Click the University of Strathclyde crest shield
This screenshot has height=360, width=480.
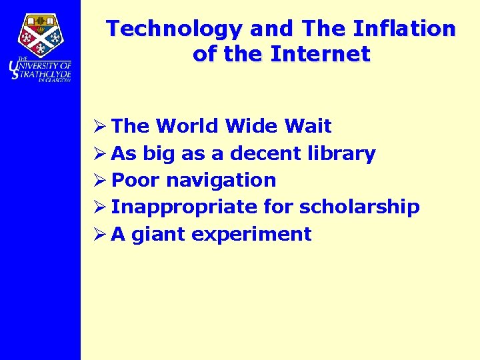40,35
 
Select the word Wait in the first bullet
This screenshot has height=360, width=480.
307,126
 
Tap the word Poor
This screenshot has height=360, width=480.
135,180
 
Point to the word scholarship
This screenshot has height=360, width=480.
359,208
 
